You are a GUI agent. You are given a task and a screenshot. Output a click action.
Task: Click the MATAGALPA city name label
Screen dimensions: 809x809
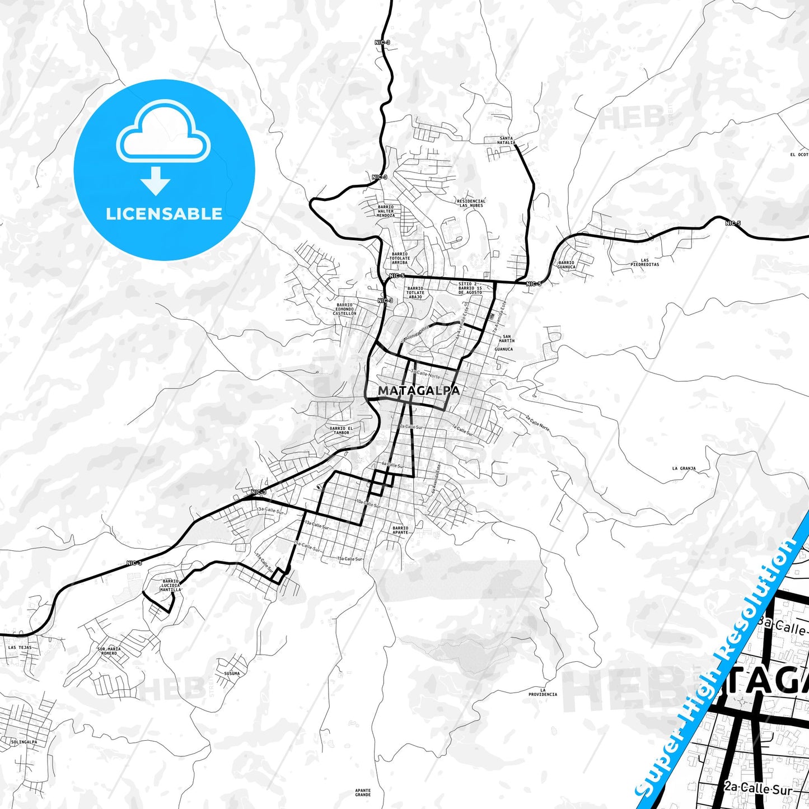coord(419,391)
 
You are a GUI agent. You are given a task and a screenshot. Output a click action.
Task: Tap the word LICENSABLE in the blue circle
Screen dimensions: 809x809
coord(164,214)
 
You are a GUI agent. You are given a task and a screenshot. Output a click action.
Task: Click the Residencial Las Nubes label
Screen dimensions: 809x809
coord(471,203)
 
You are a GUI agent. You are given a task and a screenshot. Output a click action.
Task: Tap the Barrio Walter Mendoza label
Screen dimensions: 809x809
coord(385,211)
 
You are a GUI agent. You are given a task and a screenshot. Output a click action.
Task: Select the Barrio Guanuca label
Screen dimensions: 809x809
coord(566,265)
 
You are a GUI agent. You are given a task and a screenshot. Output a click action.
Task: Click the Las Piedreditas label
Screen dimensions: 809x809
coord(644,262)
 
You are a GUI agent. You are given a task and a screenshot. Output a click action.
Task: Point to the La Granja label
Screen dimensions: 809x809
coord(684,469)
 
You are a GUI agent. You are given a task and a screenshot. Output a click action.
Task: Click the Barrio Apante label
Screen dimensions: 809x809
coord(400,530)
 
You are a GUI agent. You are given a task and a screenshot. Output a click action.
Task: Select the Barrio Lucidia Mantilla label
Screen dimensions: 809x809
coord(170,586)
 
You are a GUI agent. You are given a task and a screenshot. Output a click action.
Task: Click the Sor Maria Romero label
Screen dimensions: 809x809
coord(109,651)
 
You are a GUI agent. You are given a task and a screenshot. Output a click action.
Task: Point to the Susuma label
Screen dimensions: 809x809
coord(231,674)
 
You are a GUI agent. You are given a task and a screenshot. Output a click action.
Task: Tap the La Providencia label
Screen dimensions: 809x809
coord(543,692)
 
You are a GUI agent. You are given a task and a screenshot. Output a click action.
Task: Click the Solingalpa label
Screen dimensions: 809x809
coord(24,742)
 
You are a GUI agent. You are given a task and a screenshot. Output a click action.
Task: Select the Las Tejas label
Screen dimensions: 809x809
coord(20,647)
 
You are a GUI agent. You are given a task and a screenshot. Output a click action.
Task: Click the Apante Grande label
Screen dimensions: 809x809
coord(363,792)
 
